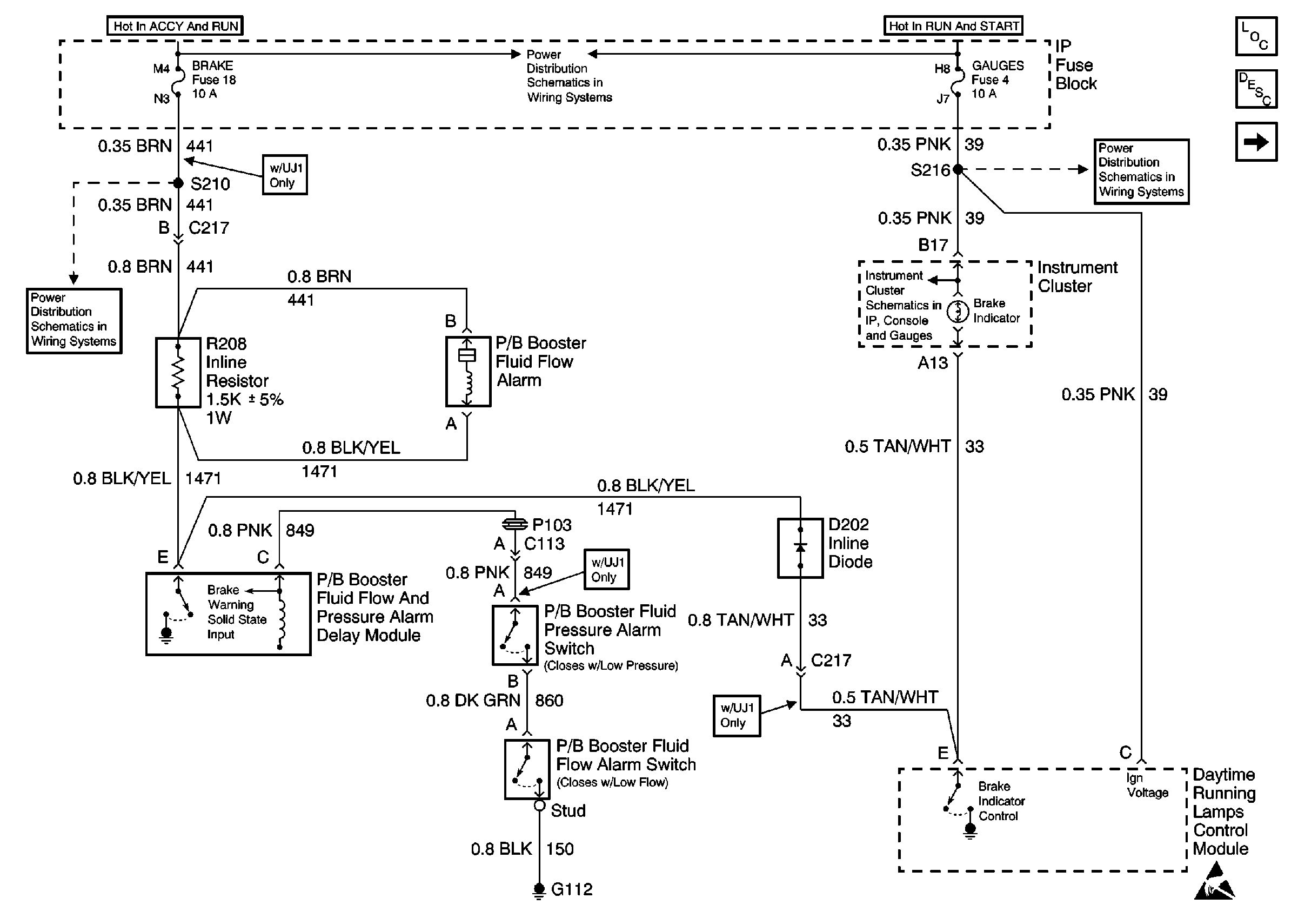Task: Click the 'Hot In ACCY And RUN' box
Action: click(175, 26)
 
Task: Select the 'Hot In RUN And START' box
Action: click(953, 26)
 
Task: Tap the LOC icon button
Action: click(1256, 37)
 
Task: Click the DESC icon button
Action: click(1256, 89)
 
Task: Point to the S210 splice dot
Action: click(178, 183)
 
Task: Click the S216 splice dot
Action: click(958, 169)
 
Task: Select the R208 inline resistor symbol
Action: click(178, 372)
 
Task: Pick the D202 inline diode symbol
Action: click(800, 547)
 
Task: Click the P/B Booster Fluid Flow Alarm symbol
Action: click(467, 372)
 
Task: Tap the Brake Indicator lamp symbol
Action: click(958, 312)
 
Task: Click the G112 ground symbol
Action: click(539, 890)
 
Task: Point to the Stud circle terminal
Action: click(539, 805)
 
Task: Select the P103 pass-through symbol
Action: click(515, 525)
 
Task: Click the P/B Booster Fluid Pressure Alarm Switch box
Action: click(514, 635)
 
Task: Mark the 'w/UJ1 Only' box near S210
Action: click(285, 175)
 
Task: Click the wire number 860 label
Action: click(549, 701)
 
